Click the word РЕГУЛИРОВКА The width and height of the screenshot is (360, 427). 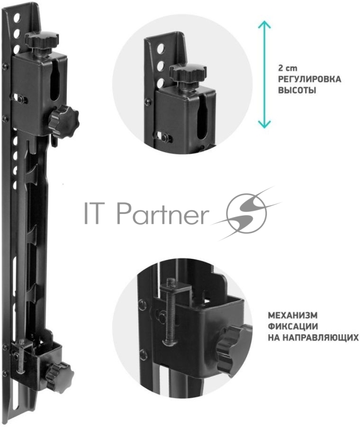(309, 79)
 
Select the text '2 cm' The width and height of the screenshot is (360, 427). (288, 68)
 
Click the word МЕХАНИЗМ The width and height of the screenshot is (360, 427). (293, 315)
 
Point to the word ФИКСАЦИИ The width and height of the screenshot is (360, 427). (293, 326)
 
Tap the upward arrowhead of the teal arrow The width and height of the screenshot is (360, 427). (264, 23)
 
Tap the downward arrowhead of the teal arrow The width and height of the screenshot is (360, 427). (264, 124)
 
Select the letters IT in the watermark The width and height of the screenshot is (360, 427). (96, 212)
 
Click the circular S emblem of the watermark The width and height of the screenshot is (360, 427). (247, 213)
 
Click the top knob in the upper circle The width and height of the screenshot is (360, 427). (188, 73)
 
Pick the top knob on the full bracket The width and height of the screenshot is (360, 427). (42, 40)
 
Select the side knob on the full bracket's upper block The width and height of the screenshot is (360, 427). (63, 121)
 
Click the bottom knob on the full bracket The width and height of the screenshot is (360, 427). (59, 371)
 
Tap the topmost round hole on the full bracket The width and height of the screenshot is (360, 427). (17, 18)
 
